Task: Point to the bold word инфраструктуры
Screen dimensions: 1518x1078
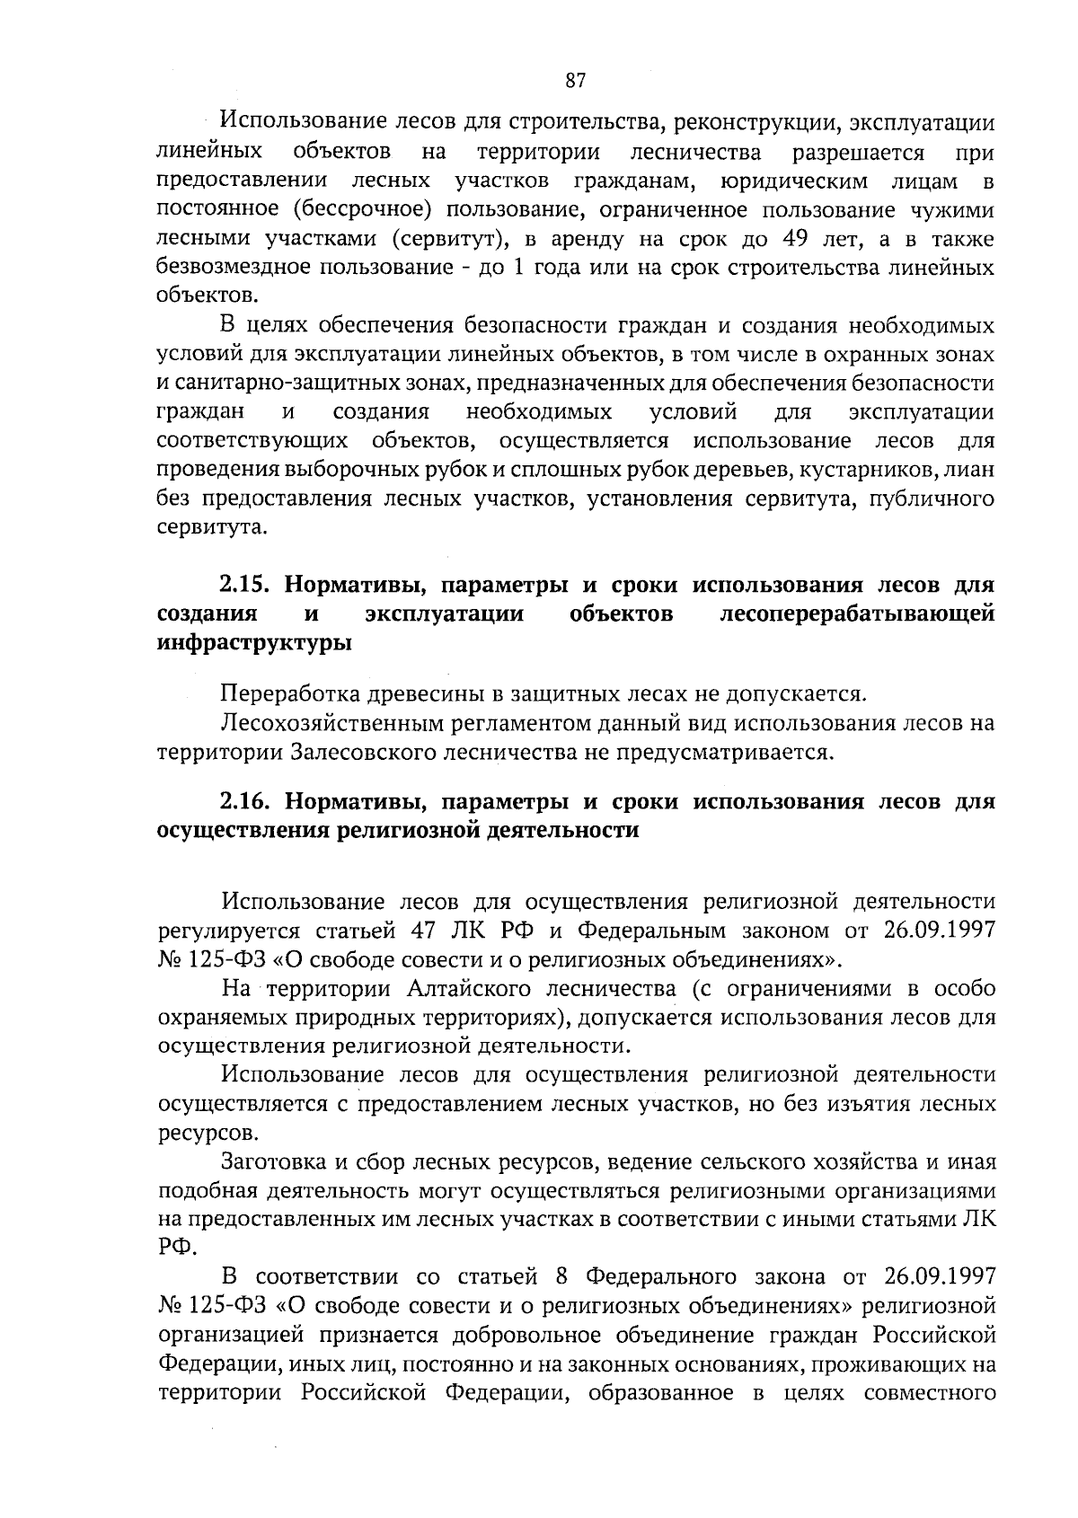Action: pyautogui.click(x=254, y=643)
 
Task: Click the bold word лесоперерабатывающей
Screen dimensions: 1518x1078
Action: pyautogui.click(x=857, y=614)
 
